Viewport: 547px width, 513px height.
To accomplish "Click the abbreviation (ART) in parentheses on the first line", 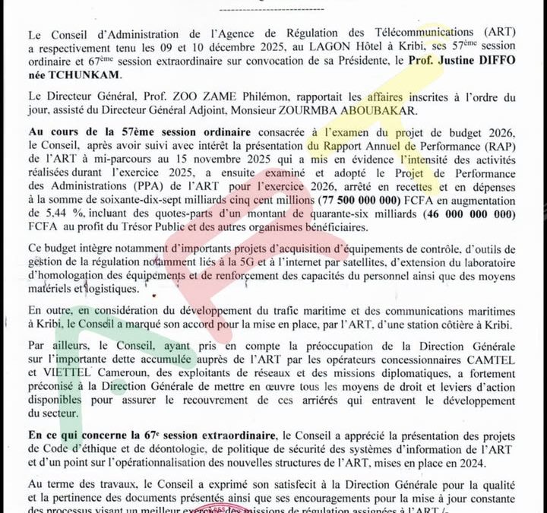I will (x=504, y=33).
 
